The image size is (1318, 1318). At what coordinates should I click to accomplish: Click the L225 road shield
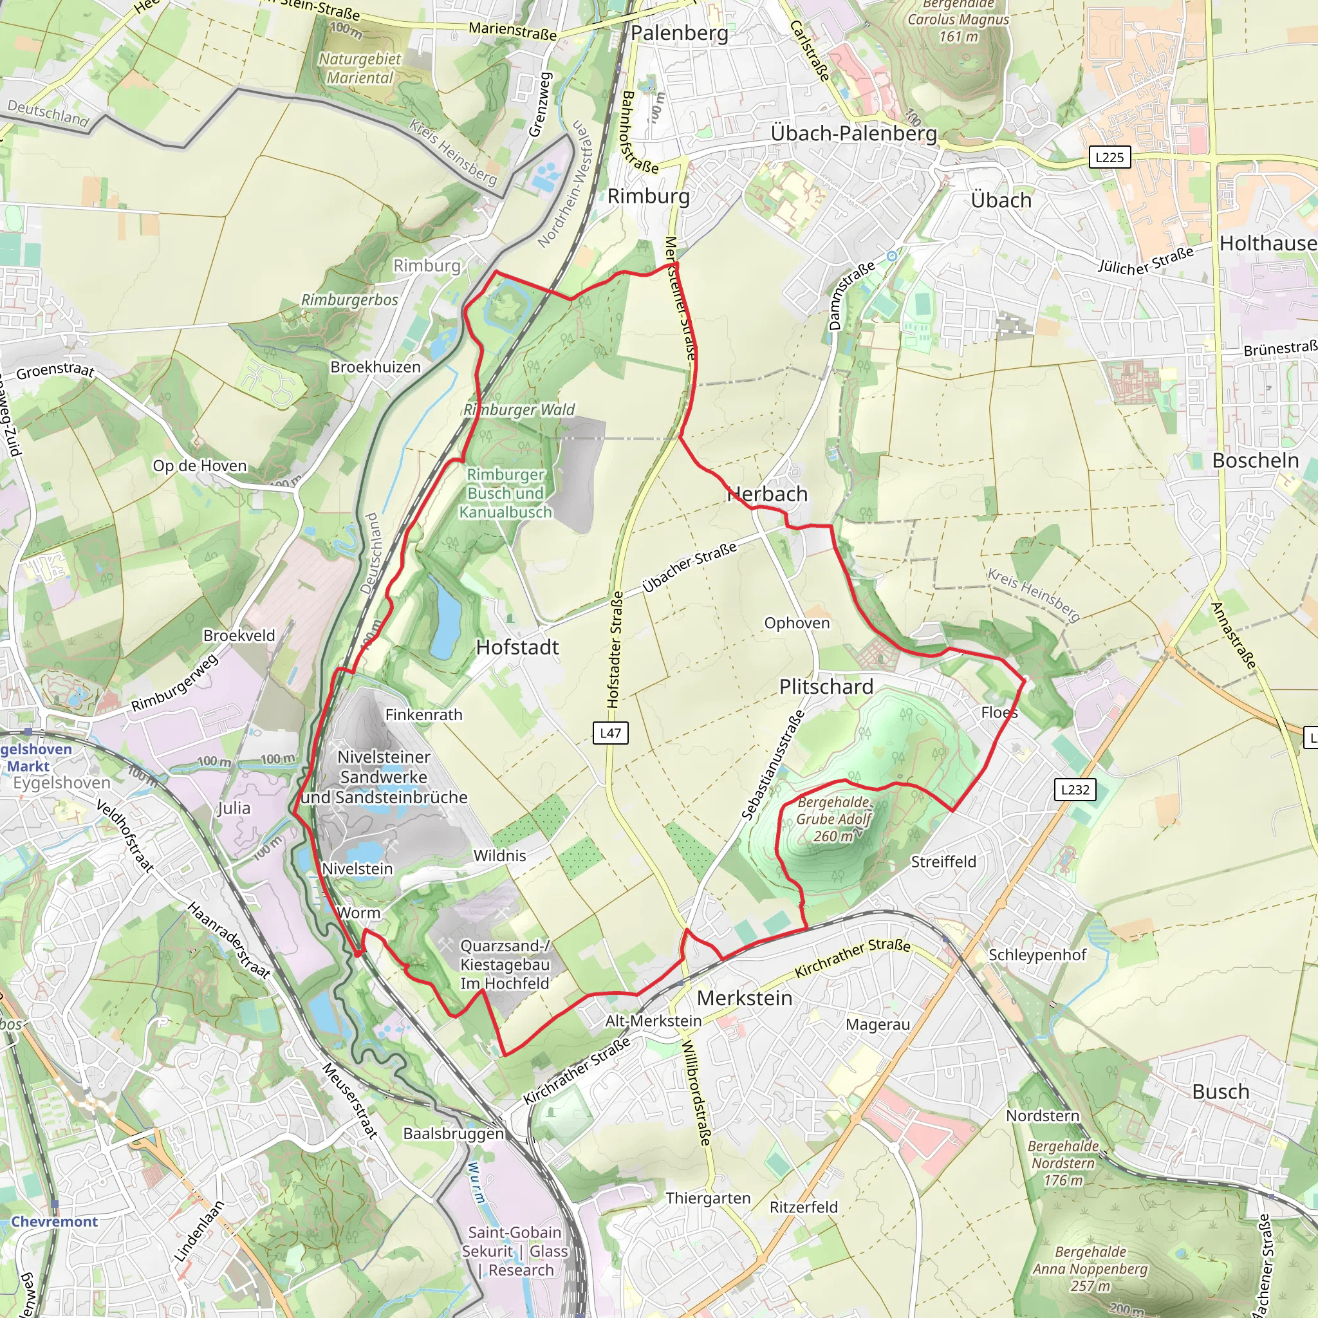(x=1109, y=158)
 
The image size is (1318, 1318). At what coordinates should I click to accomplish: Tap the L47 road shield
(x=610, y=734)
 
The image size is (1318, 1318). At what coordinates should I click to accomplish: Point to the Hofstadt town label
(x=517, y=647)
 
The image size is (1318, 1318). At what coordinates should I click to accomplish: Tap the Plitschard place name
(x=826, y=686)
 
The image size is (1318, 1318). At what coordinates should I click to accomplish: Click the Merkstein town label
(x=745, y=998)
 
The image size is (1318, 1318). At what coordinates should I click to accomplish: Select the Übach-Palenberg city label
(x=853, y=133)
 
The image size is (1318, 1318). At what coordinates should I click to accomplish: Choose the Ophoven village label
(x=797, y=623)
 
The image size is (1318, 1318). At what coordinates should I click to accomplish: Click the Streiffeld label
(x=943, y=862)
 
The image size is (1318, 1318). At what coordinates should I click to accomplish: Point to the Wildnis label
(x=499, y=855)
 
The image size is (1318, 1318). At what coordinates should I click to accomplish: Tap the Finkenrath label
(x=423, y=714)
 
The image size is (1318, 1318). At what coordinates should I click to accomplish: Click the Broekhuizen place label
(x=375, y=367)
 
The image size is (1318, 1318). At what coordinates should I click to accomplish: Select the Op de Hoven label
(x=200, y=466)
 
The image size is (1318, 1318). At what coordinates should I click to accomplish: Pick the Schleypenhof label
(x=1037, y=954)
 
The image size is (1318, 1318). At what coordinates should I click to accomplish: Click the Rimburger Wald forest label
(x=519, y=409)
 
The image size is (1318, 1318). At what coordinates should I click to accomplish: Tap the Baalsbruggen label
(x=454, y=1133)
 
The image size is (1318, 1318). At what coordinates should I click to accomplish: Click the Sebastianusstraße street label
(x=772, y=765)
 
